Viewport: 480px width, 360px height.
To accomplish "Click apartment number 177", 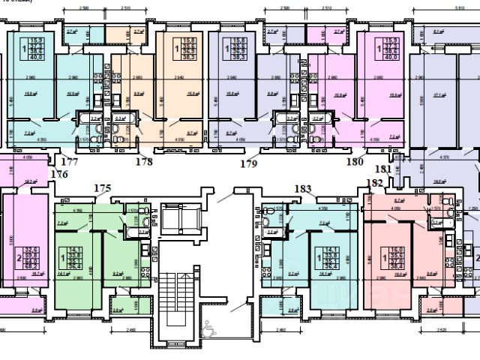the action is pyautogui.click(x=70, y=161).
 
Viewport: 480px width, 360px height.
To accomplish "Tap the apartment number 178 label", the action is pyautogui.click(x=143, y=161).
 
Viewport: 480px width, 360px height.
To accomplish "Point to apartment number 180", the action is pyautogui.click(x=354, y=161).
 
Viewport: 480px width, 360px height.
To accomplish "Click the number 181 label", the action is pyautogui.click(x=383, y=169).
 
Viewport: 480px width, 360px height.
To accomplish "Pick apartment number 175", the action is pyautogui.click(x=101, y=188).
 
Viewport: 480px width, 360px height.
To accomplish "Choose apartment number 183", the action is pyautogui.click(x=303, y=188).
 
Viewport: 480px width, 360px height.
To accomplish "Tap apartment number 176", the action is pyautogui.click(x=59, y=174).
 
